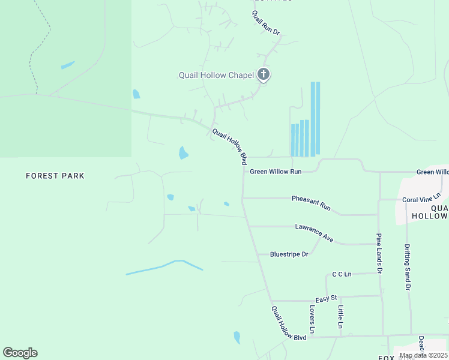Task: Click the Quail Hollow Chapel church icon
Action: [x=263, y=74]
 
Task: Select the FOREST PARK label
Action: [x=55, y=176]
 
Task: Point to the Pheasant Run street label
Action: [x=311, y=202]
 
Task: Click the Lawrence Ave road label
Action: [x=314, y=232]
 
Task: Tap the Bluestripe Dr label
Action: [x=289, y=254]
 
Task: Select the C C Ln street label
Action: [x=342, y=274]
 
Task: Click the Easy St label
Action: [x=327, y=299]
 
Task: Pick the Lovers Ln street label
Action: [x=312, y=319]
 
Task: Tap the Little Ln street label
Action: [x=340, y=317]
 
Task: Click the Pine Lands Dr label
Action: [x=379, y=253]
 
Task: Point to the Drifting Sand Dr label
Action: [x=407, y=267]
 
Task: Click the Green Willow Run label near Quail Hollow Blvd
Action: [x=276, y=172]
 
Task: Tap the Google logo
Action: [x=20, y=353]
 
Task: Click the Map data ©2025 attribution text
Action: [x=423, y=356]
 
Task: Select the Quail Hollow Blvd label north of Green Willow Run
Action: [x=229, y=146]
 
